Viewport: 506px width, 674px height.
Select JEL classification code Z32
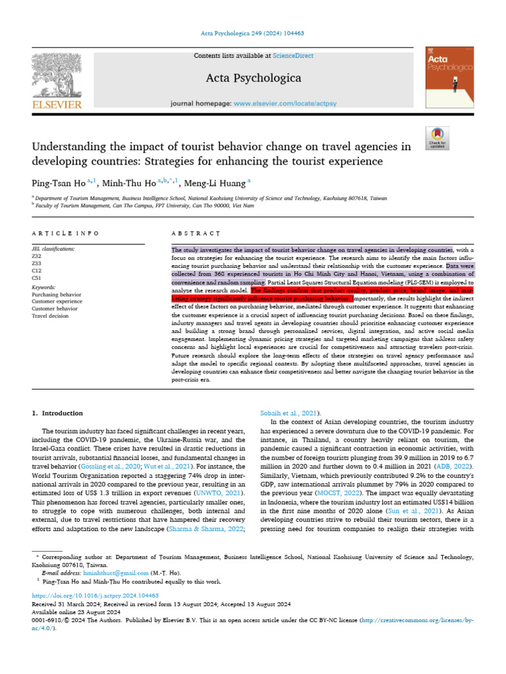[x=37, y=257]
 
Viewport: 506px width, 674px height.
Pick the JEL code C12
[x=37, y=271]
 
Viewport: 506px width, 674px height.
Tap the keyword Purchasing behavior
[x=57, y=296]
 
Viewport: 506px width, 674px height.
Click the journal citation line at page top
[x=252, y=33]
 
